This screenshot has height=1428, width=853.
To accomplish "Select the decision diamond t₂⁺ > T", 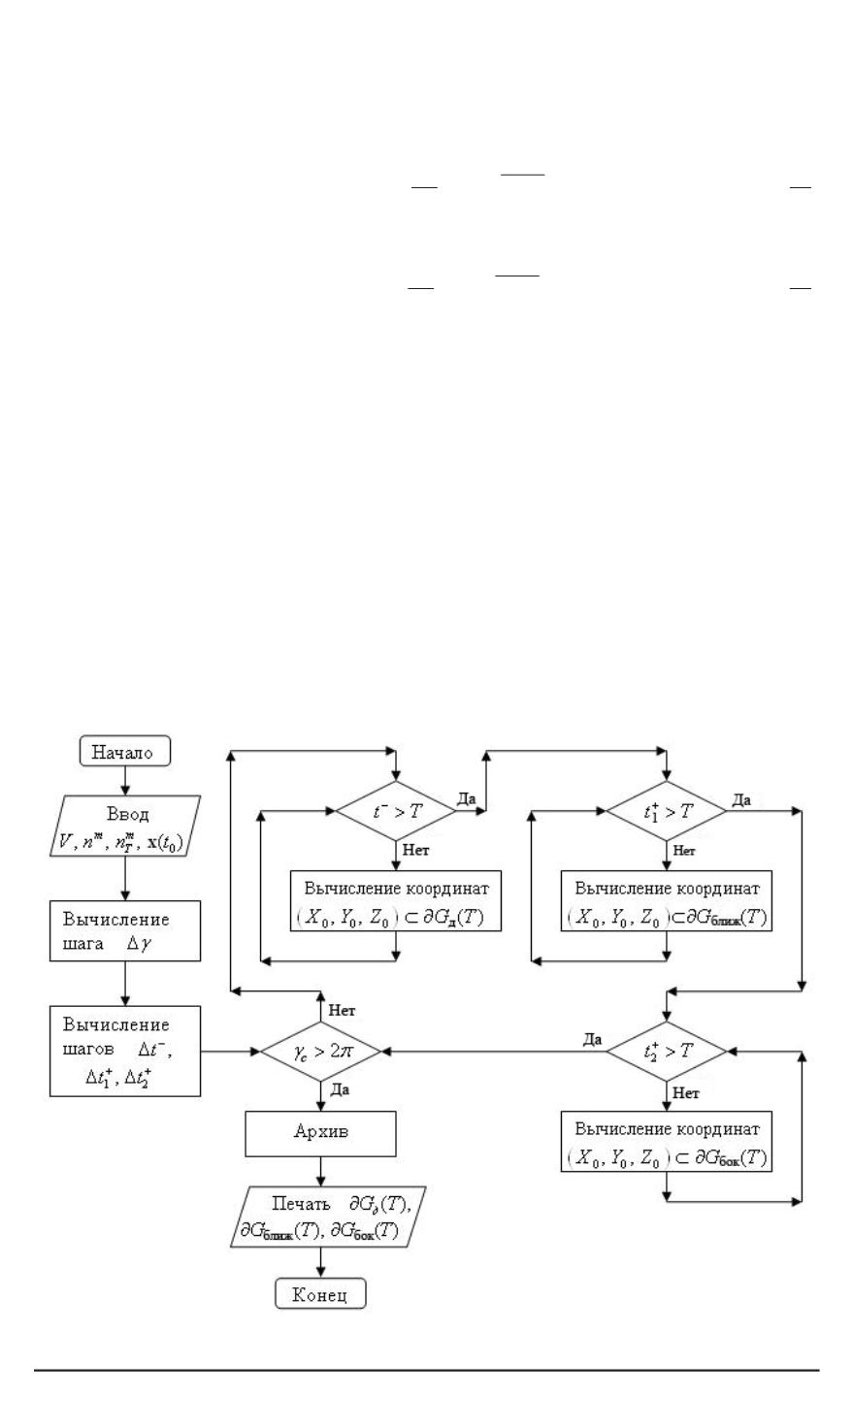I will coord(666,1051).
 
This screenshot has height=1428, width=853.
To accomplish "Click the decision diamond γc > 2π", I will coord(320,1051).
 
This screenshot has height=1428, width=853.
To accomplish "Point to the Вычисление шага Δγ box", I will coord(125,929).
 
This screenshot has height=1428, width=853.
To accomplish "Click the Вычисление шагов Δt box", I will coord(125,1051).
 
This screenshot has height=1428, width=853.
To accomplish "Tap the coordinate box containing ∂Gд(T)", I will coord(395,901).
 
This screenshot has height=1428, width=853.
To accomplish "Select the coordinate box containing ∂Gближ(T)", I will coord(666,901).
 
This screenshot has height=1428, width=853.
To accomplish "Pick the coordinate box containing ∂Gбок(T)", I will coord(666,1143).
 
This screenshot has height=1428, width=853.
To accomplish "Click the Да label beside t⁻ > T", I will coord(467,797).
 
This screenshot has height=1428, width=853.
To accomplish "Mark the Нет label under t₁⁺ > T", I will coord(685,850).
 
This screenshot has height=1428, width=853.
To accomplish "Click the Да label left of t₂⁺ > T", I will coord(593,1039).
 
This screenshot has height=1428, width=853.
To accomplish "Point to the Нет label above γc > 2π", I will coord(342,1010).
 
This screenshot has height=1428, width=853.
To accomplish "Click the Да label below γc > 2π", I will coord(341,1090).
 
